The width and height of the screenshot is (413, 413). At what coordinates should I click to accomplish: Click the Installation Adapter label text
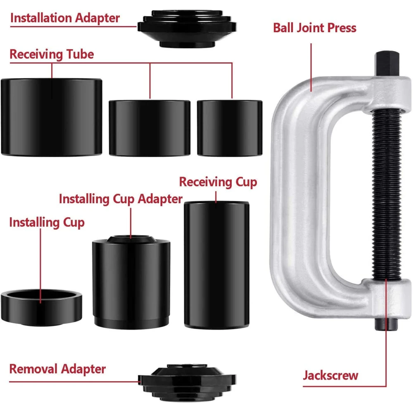click(x=65, y=18)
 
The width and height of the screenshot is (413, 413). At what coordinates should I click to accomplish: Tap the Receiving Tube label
click(x=52, y=55)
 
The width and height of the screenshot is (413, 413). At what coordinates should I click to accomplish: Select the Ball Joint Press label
click(x=315, y=28)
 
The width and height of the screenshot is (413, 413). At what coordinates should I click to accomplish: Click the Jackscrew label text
click(x=330, y=375)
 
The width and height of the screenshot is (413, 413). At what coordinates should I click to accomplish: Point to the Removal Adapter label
click(x=57, y=369)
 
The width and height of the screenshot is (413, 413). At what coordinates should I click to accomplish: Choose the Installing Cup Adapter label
click(x=121, y=199)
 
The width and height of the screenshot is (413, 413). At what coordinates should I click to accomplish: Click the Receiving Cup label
click(x=218, y=182)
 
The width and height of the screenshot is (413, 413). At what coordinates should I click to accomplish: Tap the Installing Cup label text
click(x=47, y=222)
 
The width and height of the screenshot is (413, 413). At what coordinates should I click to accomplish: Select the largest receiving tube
click(x=51, y=117)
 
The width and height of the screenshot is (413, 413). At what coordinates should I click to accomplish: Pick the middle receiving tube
click(x=150, y=128)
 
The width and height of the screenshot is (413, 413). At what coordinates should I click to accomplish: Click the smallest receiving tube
click(x=229, y=128)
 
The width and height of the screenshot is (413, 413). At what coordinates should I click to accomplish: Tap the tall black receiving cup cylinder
click(x=216, y=264)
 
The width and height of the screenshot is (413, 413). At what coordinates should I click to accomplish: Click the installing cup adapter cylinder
click(x=131, y=281)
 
